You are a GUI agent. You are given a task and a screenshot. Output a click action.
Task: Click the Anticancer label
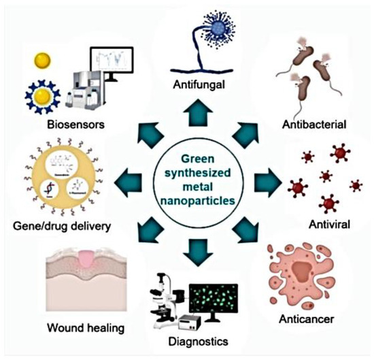tap(312, 317)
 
